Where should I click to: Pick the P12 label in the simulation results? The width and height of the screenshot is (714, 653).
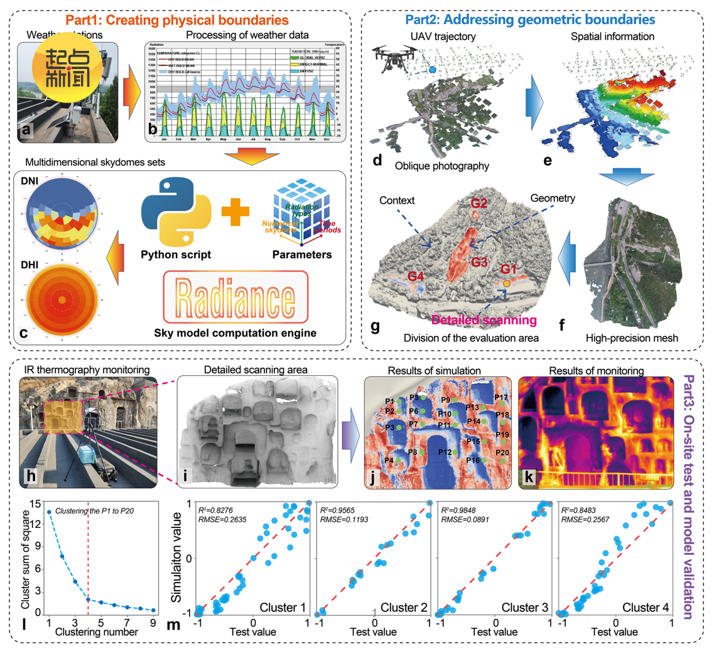(445, 453)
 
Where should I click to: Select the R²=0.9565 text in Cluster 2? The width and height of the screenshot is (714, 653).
(341, 511)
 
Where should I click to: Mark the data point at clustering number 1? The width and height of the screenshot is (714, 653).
(49, 512)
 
